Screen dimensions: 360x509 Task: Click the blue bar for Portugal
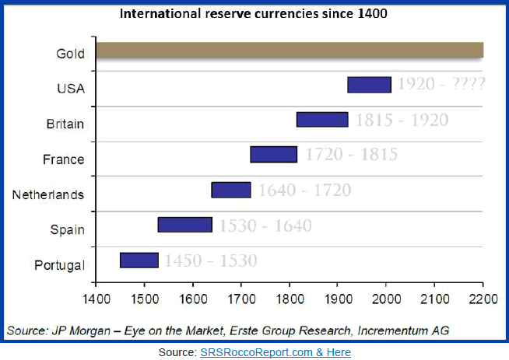pyautogui.click(x=139, y=260)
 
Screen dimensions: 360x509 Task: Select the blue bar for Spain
pyautogui.click(x=184, y=225)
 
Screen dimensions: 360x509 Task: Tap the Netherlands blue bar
pyautogui.click(x=231, y=190)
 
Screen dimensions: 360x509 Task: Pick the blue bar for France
pyautogui.click(x=273, y=154)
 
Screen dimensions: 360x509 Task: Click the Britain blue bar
pyautogui.click(x=322, y=120)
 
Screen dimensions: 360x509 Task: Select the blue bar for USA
pyautogui.click(x=369, y=85)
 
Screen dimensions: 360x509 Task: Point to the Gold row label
pyautogui.click(x=70, y=54)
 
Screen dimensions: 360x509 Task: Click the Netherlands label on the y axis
pyautogui.click(x=48, y=194)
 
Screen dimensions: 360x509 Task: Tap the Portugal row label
pyautogui.click(x=59, y=265)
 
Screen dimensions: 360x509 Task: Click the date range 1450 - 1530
pyautogui.click(x=209, y=260)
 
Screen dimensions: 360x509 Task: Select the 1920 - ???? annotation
pyautogui.click(x=441, y=84)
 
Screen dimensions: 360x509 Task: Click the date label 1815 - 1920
pyautogui.click(x=402, y=120)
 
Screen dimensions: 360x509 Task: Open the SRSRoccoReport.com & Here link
pyautogui.click(x=275, y=352)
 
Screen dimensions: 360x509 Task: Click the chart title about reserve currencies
pyautogui.click(x=254, y=14)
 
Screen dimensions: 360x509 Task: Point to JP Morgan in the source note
pyautogui.click(x=75, y=331)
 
